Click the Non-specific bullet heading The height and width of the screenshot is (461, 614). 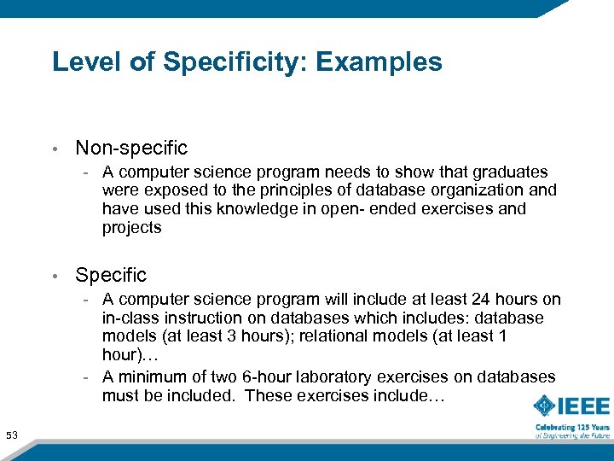(131, 148)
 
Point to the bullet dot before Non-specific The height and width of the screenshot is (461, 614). (55, 149)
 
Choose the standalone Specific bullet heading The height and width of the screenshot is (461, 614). (111, 275)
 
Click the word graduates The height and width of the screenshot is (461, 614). (513, 172)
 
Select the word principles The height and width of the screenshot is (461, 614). (264, 190)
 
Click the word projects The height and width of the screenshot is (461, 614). (131, 228)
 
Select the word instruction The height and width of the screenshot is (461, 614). (210, 318)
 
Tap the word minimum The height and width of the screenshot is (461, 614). (150, 376)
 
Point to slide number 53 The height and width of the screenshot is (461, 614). (12, 435)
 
